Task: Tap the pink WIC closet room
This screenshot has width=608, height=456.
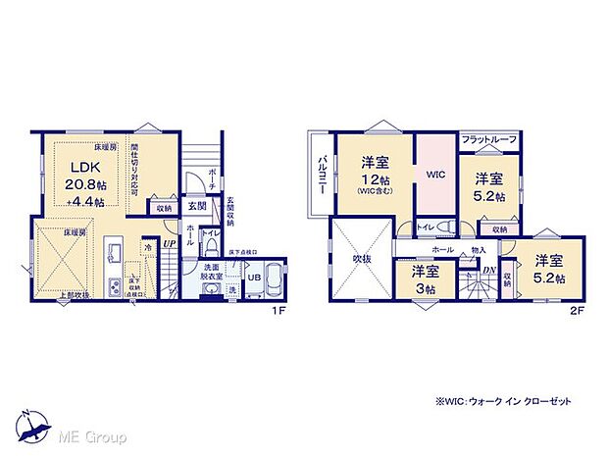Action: coord(435,175)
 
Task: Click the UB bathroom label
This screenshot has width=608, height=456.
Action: coord(252,279)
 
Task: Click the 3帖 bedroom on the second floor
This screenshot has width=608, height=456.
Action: coord(425,278)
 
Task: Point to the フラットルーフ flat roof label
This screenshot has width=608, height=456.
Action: coord(488,139)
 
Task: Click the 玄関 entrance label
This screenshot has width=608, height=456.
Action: coord(195,207)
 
